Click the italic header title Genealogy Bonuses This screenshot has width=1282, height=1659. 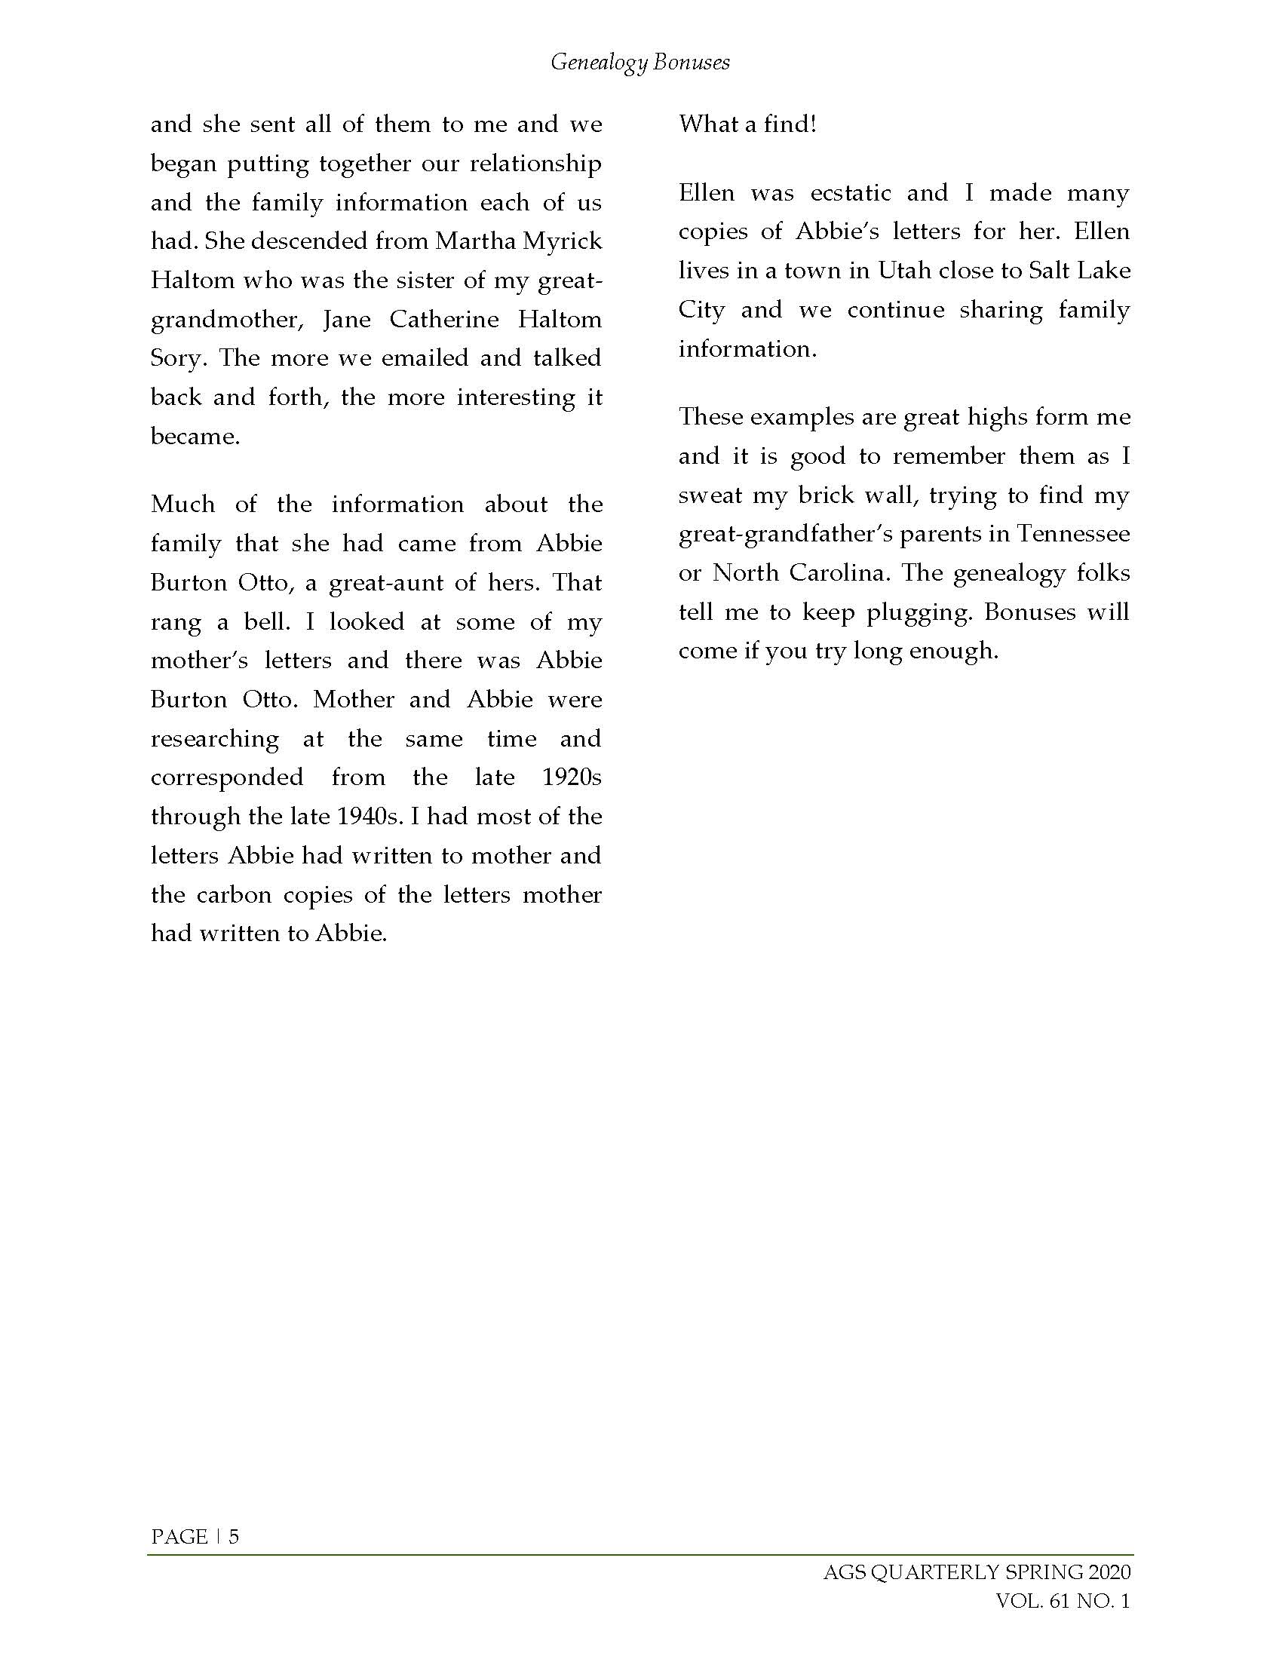pyautogui.click(x=640, y=63)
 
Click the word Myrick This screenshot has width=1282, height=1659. pyautogui.click(x=563, y=241)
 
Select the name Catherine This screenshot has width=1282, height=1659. pyautogui.click(x=444, y=319)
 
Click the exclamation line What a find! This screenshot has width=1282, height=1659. pyautogui.click(x=747, y=124)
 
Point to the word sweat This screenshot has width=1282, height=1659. pyautogui.click(x=710, y=495)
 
